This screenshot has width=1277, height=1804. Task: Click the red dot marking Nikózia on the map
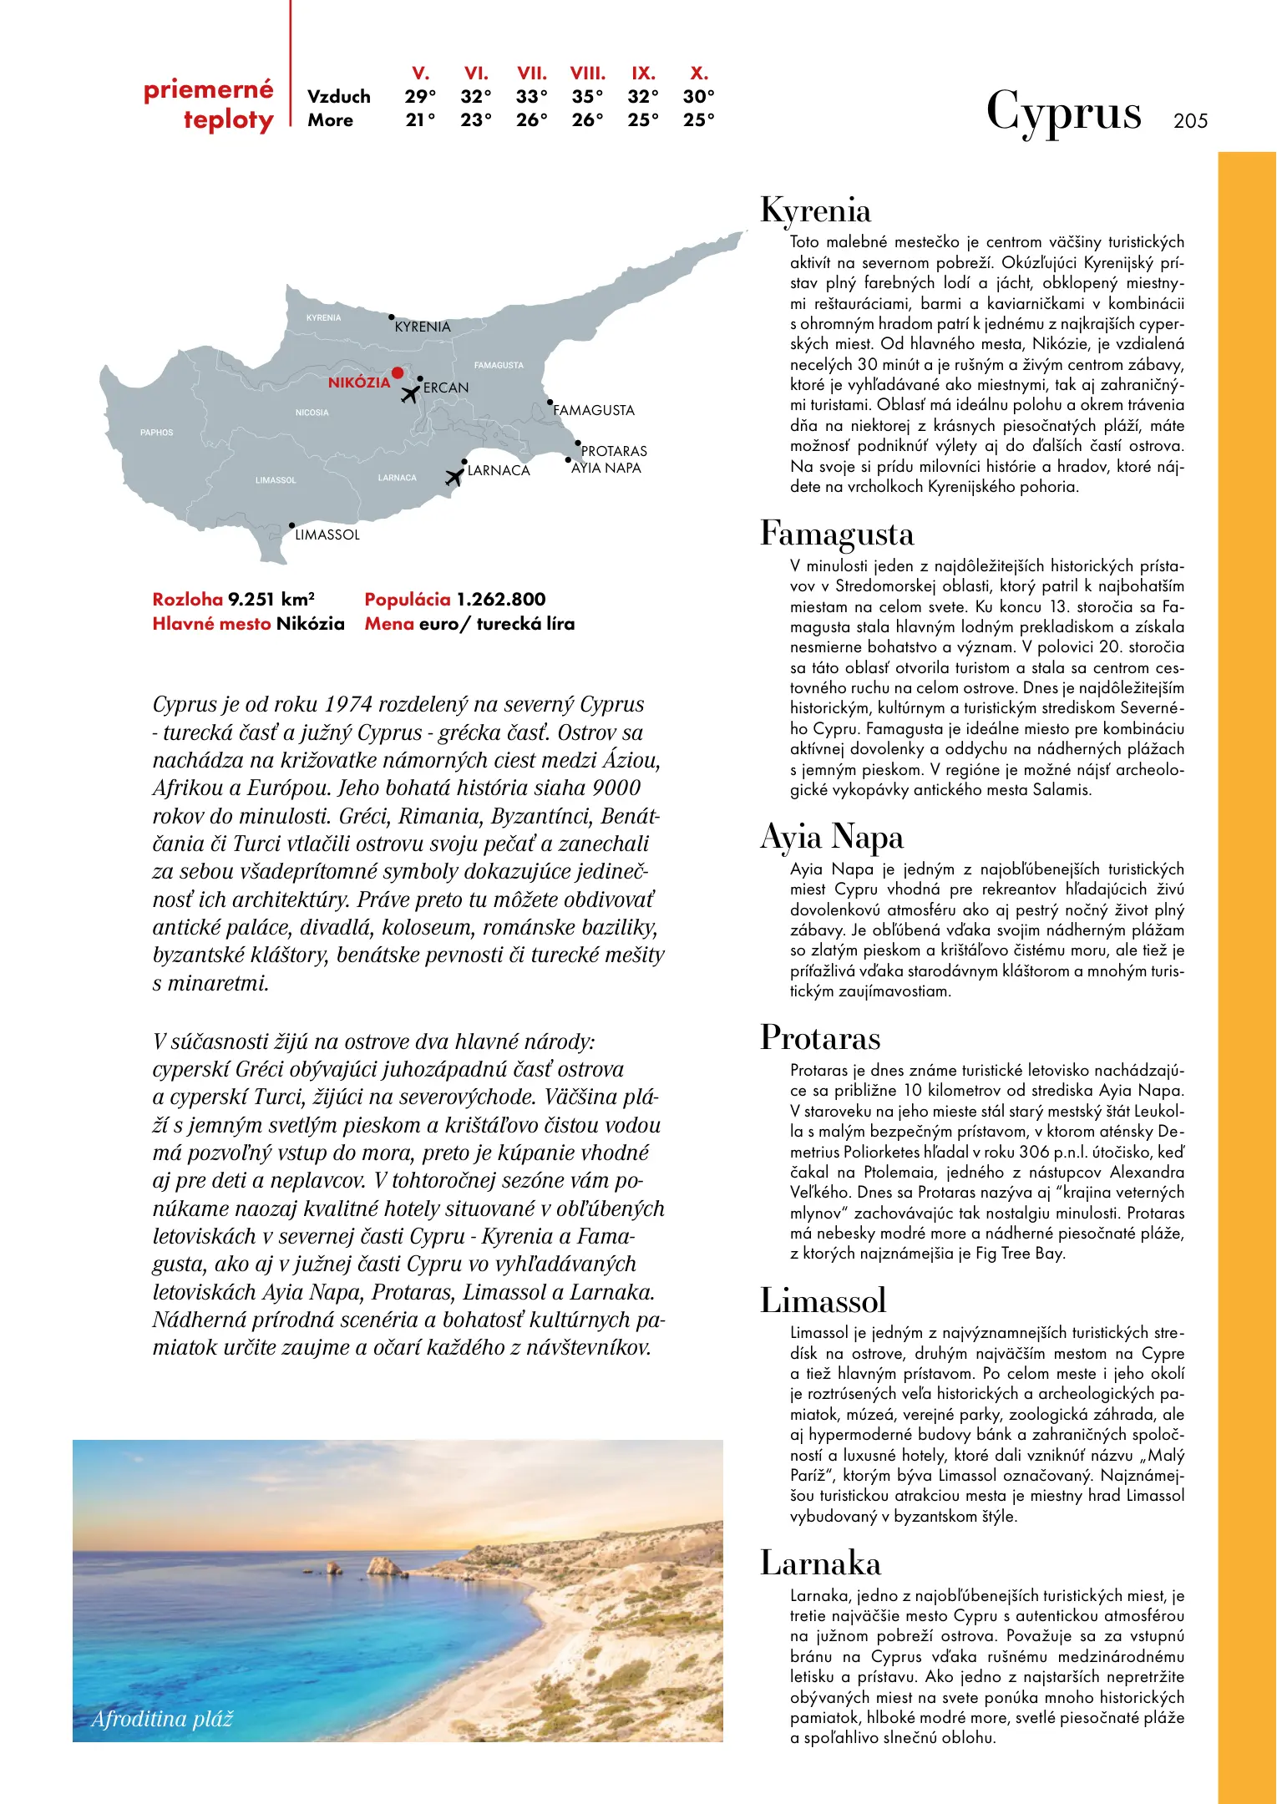point(398,373)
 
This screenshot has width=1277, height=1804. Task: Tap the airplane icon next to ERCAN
point(410,393)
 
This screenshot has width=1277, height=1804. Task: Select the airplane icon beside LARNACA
point(454,477)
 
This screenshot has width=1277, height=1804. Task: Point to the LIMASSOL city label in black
point(327,535)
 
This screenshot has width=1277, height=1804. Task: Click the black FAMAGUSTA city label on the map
point(594,410)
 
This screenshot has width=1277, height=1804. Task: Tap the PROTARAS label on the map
point(614,451)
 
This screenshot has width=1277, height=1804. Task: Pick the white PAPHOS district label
point(157,433)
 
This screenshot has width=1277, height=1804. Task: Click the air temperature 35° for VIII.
point(587,97)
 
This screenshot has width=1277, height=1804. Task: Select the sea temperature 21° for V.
point(420,120)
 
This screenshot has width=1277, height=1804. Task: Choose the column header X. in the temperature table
point(699,73)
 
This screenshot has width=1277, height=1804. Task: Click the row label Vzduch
point(339,97)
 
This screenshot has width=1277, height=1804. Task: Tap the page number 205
point(1190,121)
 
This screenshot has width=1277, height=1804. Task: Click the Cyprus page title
point(1063,112)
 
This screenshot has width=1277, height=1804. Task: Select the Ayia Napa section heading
point(832,837)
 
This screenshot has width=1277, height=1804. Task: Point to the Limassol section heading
point(823,1300)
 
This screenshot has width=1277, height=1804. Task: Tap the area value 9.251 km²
point(271,600)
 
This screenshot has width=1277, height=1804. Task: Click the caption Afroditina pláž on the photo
point(162,1719)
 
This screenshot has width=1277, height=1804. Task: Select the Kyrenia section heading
point(815,210)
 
